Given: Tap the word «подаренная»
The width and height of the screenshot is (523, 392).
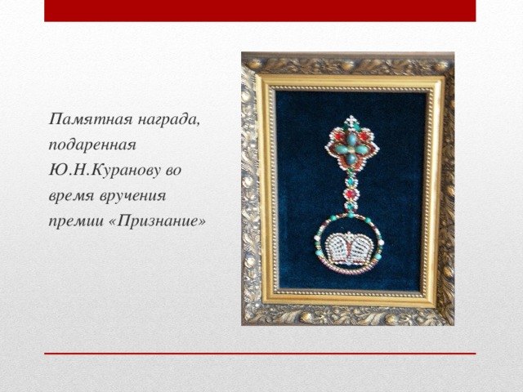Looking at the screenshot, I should [92, 145].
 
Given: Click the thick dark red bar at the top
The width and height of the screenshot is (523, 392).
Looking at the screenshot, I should [260, 11].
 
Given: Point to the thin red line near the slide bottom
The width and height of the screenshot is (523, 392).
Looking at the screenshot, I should [260, 354].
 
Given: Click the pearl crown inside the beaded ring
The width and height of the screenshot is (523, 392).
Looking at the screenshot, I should [349, 248].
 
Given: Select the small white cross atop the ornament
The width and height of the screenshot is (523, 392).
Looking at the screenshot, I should [352, 122].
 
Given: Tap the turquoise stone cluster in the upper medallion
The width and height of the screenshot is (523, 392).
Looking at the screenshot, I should [351, 149].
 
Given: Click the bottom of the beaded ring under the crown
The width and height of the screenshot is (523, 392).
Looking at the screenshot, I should [349, 271].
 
